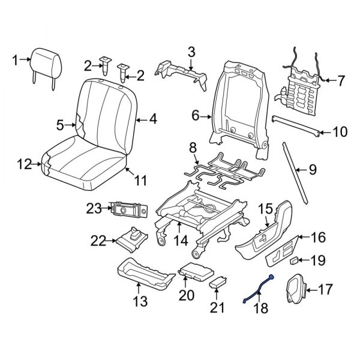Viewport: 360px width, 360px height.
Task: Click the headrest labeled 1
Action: click(46, 61)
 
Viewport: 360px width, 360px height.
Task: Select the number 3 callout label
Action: click(191, 52)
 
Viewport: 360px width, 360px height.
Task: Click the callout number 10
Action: click(340, 131)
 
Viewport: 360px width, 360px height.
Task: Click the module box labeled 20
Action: click(195, 272)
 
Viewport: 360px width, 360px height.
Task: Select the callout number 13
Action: click(140, 302)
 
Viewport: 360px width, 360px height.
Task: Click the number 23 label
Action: click(94, 208)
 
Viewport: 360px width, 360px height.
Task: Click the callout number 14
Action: click(182, 242)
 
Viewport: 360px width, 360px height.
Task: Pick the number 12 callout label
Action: click(23, 163)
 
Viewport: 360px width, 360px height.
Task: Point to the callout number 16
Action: click(318, 238)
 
